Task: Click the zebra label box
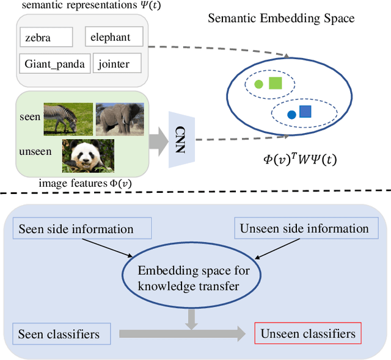(46, 37)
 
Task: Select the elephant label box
(114, 37)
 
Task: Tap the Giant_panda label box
(54, 63)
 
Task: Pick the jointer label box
(118, 63)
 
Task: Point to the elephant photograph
(120, 118)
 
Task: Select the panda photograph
(88, 156)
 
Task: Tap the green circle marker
(258, 84)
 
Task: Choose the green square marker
(275, 84)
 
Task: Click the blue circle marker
(291, 113)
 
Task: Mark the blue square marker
(305, 112)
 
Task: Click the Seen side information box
(76, 229)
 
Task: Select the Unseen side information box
(304, 229)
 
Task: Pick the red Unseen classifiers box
(307, 334)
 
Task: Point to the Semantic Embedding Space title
(281, 17)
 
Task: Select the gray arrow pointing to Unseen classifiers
(183, 334)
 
